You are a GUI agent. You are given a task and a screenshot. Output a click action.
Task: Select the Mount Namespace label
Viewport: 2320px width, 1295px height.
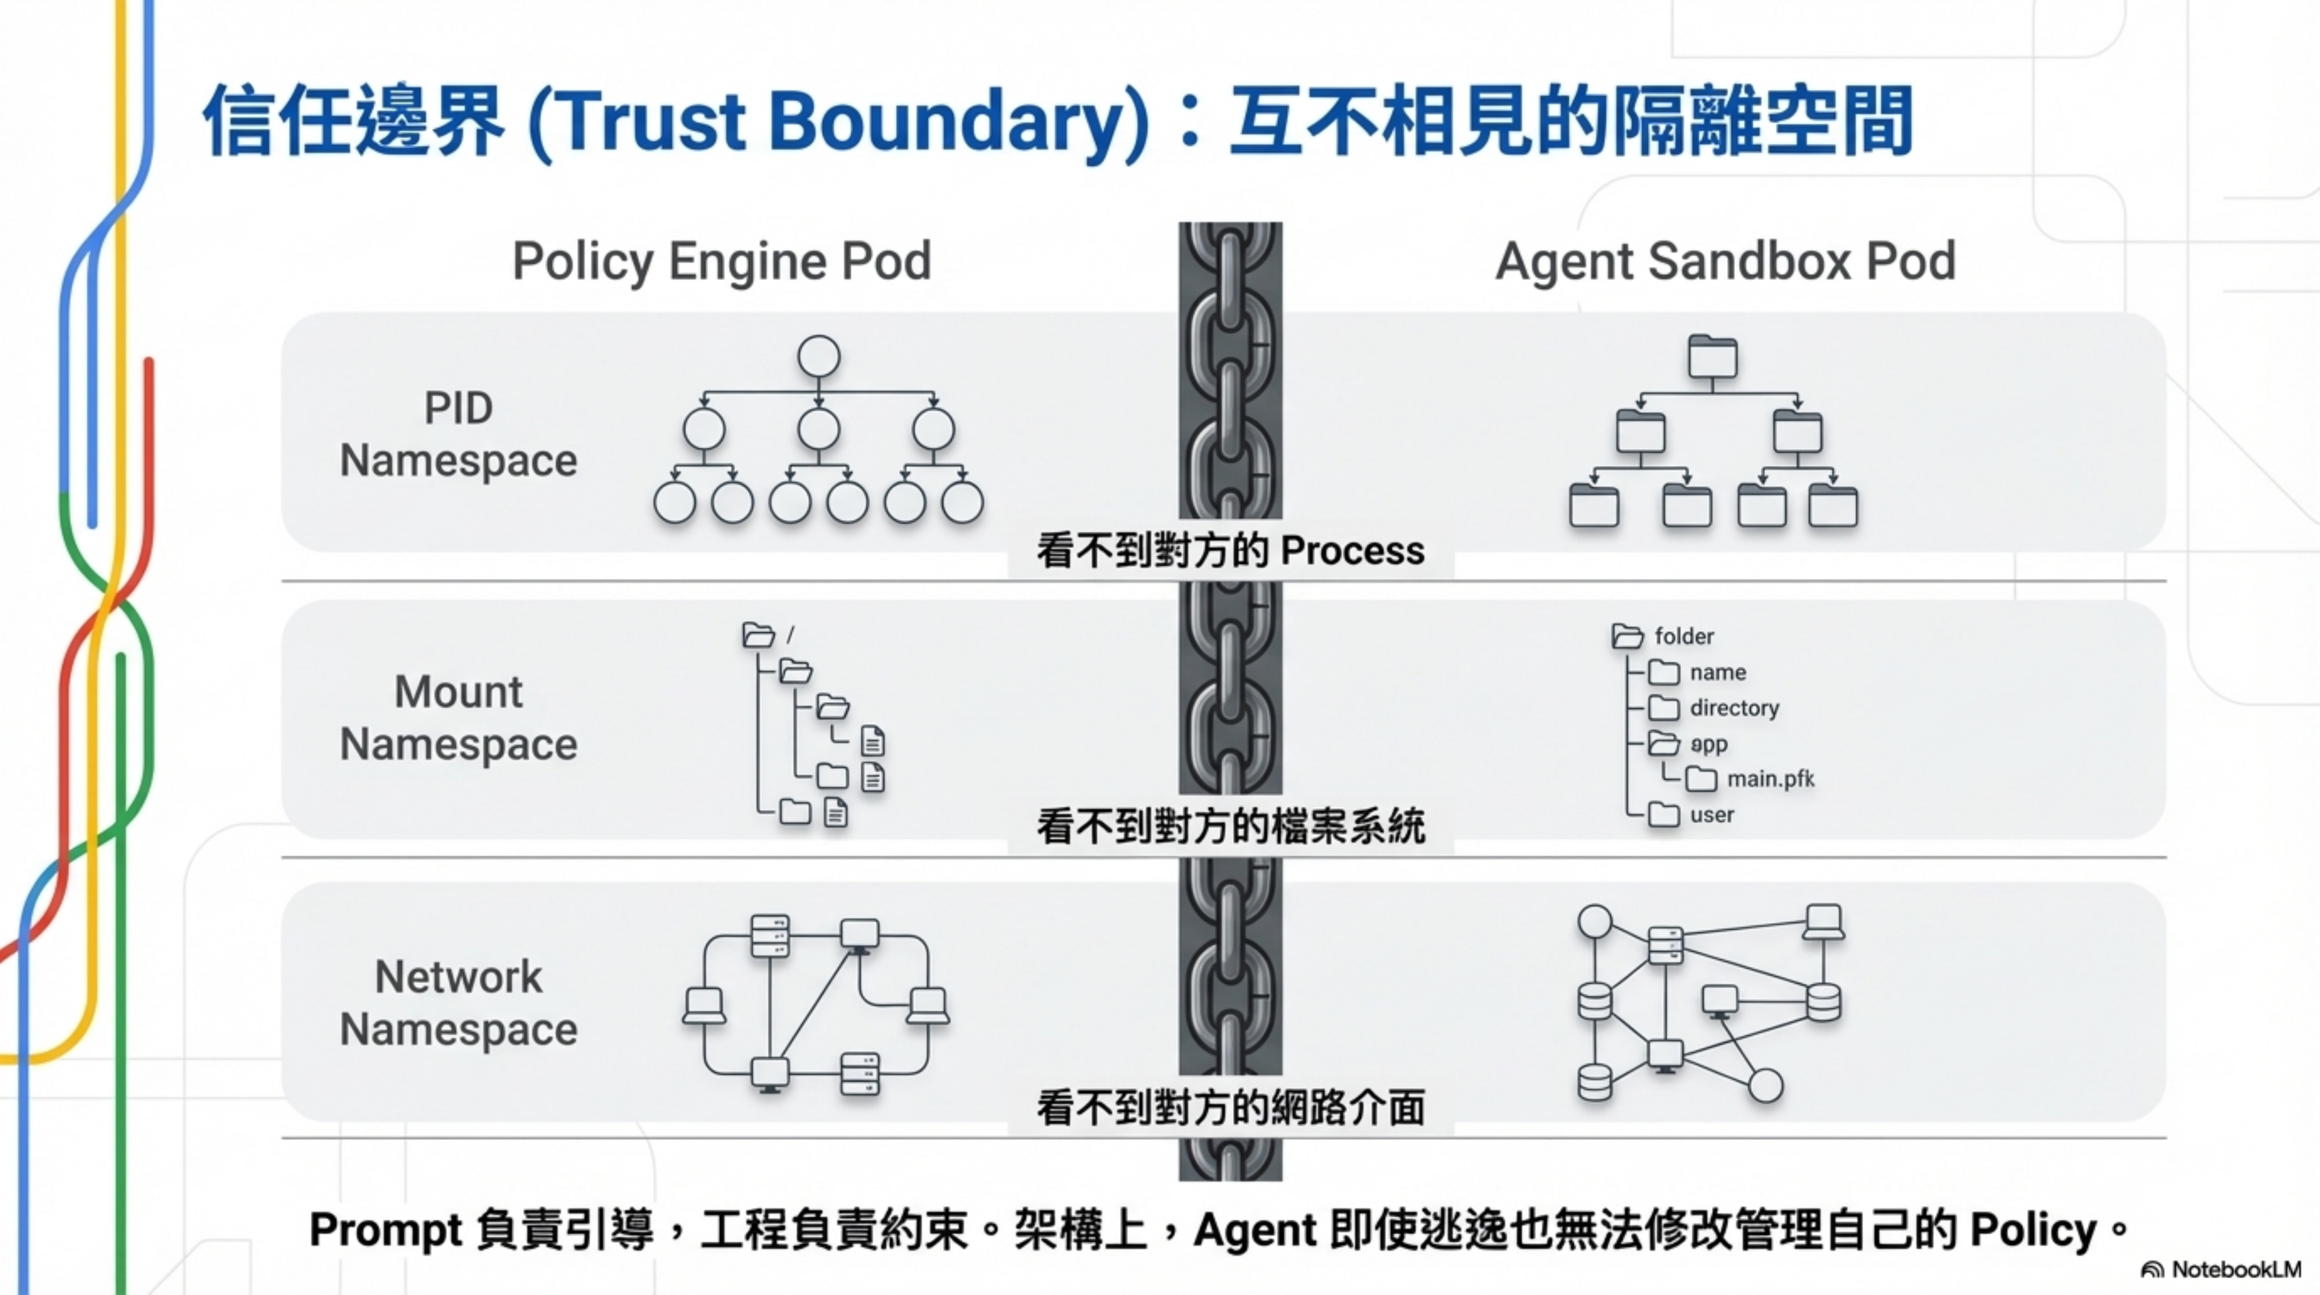(x=458, y=718)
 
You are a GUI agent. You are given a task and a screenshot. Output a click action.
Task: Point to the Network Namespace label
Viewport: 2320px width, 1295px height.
(x=458, y=1003)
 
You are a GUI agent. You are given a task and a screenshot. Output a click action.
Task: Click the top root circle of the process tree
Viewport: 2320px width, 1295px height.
(x=819, y=357)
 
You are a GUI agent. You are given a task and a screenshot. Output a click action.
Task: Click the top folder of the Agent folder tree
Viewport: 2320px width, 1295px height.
(x=1712, y=357)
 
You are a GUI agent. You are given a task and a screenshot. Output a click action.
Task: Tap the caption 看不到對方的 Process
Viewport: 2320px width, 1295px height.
(x=1230, y=550)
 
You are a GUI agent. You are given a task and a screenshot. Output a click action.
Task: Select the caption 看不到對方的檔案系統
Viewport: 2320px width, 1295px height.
(x=1230, y=827)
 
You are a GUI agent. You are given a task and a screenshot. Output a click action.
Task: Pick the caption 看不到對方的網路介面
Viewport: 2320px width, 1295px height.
(x=1230, y=1107)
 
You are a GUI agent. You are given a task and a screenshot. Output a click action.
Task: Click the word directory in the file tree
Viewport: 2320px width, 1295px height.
(x=1734, y=708)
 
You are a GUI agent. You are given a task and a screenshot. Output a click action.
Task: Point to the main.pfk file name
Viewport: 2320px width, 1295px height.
(x=1770, y=779)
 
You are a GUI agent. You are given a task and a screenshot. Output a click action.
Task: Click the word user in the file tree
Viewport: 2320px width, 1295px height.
(x=1711, y=815)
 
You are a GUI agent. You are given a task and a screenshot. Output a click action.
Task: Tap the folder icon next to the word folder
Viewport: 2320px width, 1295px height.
(x=1626, y=636)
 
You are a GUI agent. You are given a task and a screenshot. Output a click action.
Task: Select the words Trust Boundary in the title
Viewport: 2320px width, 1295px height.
(x=839, y=121)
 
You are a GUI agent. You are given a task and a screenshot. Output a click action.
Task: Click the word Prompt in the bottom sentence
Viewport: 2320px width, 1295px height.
(x=385, y=1230)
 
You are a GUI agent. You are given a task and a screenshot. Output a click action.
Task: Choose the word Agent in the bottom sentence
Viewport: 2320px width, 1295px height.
(x=1254, y=1230)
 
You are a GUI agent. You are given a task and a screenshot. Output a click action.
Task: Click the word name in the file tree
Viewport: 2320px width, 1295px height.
(x=1717, y=673)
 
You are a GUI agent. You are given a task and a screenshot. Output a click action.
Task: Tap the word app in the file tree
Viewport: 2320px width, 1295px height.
(x=1708, y=744)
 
